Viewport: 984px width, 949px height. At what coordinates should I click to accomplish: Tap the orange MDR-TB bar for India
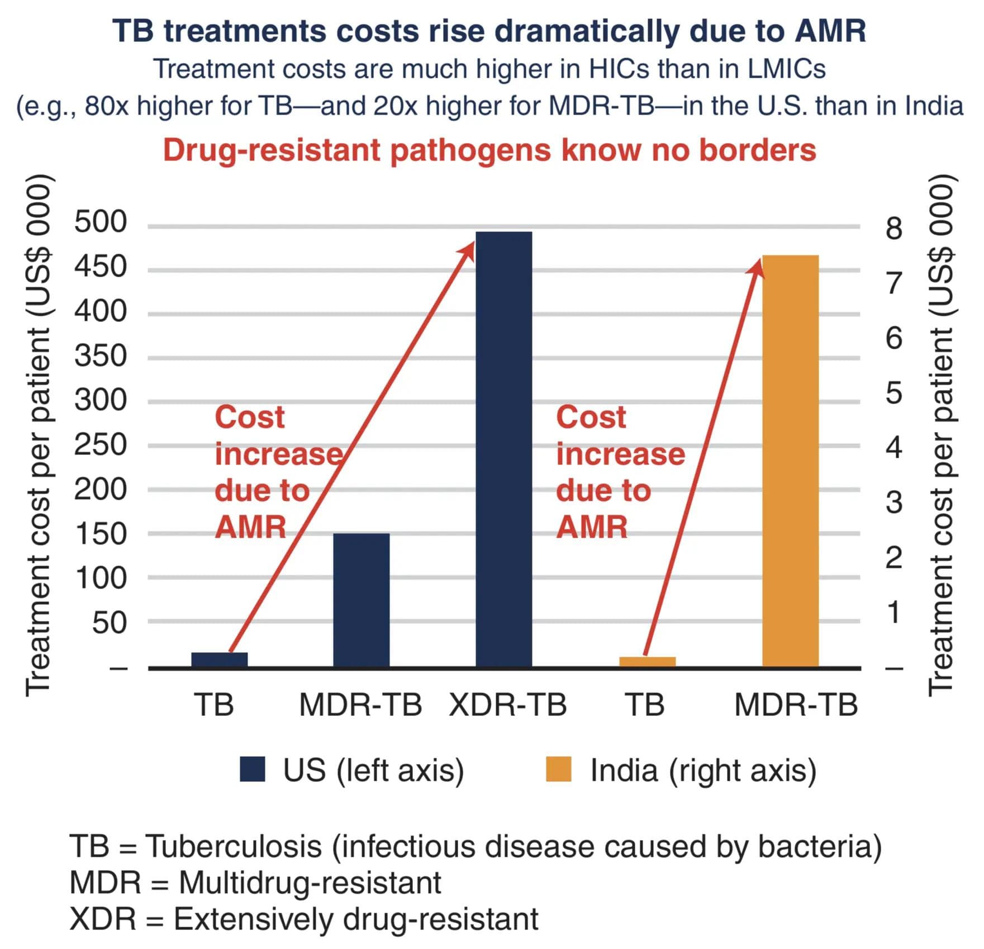coord(790,461)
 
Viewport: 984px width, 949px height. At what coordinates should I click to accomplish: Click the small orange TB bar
coord(647,662)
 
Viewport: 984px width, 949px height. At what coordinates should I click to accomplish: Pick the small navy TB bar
coord(219,659)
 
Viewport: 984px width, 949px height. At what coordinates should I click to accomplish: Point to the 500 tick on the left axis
coord(101,222)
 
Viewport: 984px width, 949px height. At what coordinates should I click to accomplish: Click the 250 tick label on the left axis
coord(101,445)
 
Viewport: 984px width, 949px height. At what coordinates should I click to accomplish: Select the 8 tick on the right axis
coord(894,228)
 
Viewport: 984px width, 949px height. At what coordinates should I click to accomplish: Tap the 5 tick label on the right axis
coord(894,393)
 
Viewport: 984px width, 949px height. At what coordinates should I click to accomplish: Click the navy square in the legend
coord(252,769)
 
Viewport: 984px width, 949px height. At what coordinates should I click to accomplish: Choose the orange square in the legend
coord(558,769)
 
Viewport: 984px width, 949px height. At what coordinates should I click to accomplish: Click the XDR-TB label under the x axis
coord(508,705)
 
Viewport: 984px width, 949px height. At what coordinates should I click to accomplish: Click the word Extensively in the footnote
coord(253,919)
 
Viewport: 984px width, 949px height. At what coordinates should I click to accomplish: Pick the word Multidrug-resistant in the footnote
coord(310,883)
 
